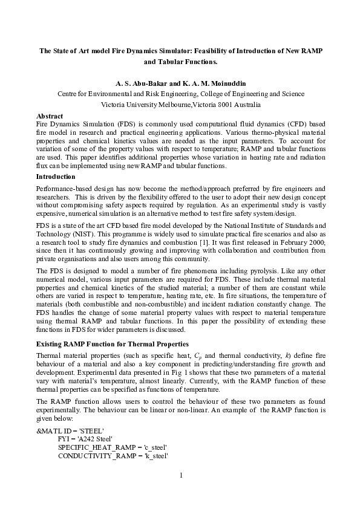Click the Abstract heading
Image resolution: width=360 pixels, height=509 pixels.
50,115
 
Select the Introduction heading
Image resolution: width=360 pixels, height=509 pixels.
56,177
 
